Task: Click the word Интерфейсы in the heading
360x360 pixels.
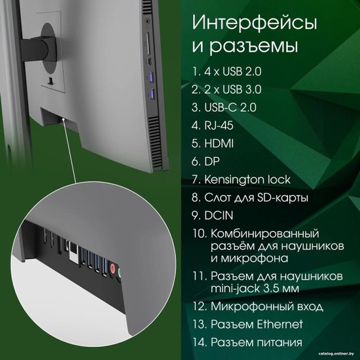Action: [255, 23]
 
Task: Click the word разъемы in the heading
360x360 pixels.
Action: [254, 46]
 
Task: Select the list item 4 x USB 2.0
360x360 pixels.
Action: [226, 71]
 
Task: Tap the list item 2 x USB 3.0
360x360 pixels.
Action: [226, 90]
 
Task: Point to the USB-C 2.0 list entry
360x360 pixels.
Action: [224, 107]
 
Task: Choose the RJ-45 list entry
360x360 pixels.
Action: [212, 126]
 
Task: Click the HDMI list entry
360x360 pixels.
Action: [212, 143]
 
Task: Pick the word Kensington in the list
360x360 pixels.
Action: [231, 179]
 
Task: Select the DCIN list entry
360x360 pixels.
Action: [212, 215]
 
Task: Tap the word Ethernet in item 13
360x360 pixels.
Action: [279, 324]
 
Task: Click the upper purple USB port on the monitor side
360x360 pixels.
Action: [151, 77]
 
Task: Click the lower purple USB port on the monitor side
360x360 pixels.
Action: [151, 94]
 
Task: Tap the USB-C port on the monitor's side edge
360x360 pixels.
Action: [149, 62]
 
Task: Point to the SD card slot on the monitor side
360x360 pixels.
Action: [148, 43]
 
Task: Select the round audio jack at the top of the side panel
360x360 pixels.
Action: [147, 22]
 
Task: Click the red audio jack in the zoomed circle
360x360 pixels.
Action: [113, 268]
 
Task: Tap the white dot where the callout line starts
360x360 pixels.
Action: [63, 120]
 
